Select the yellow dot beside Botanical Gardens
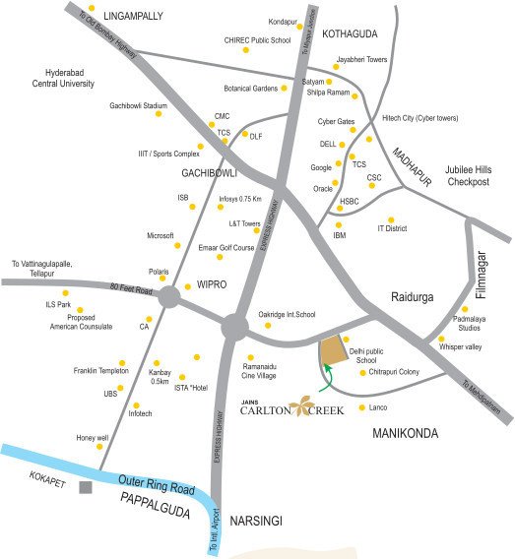(285, 89)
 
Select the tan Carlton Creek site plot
(334, 348)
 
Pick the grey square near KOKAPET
(87, 486)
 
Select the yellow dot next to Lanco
(362, 407)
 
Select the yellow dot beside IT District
(391, 219)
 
